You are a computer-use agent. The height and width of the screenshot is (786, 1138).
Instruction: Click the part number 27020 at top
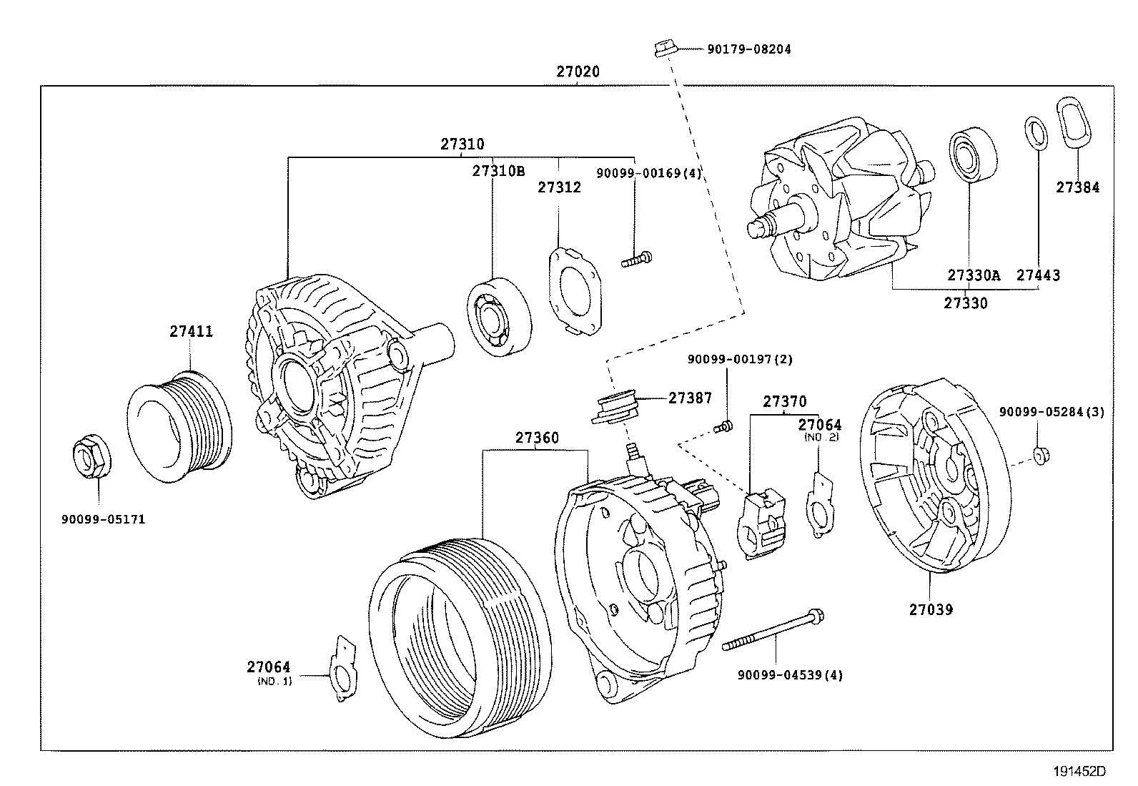pos(578,72)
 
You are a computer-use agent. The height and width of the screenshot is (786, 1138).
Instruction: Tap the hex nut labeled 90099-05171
pos(91,456)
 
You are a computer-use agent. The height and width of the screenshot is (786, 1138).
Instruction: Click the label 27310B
pos(498,171)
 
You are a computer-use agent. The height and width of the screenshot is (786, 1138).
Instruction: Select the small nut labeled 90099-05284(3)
pos(1041,454)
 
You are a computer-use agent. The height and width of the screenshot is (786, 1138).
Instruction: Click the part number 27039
pos(931,609)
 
